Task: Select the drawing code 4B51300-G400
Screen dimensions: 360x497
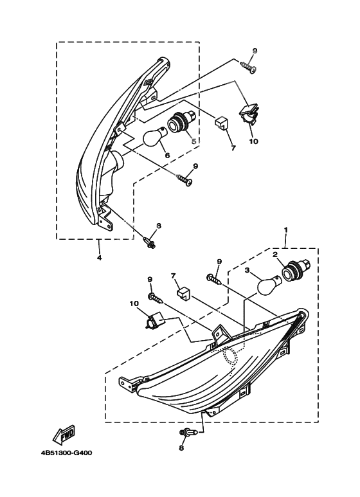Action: [66, 453]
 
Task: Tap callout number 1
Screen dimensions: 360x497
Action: [286, 229]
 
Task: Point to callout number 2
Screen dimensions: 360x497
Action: [274, 254]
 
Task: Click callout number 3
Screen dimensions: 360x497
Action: [248, 270]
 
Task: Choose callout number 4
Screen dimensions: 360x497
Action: [99, 258]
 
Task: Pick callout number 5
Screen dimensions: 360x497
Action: [194, 141]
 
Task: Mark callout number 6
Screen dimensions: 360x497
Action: [167, 156]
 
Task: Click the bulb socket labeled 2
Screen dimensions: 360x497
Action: [296, 269]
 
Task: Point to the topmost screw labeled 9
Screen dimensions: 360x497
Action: [248, 67]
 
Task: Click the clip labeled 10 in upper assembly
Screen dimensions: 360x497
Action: [249, 116]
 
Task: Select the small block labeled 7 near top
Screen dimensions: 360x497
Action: [222, 123]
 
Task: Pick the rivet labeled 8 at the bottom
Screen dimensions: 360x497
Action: [189, 432]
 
